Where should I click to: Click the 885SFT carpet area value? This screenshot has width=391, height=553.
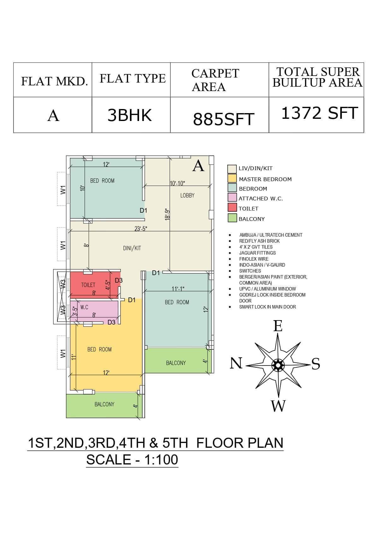(224, 119)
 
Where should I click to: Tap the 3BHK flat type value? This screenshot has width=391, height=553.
(130, 115)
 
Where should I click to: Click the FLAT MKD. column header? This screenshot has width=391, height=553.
(54, 81)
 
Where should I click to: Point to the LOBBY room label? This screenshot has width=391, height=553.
(187, 195)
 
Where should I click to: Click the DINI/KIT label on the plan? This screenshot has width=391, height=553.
(132, 248)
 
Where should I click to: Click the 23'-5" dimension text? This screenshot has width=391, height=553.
(141, 229)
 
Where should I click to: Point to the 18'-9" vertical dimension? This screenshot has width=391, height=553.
(167, 214)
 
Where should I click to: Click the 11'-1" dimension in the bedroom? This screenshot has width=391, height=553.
(178, 289)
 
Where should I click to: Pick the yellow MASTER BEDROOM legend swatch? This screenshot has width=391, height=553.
(232, 178)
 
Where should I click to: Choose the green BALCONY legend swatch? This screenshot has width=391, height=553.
(232, 218)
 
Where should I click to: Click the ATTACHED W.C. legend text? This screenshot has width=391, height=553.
(261, 199)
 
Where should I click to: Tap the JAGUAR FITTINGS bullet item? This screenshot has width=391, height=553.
(257, 253)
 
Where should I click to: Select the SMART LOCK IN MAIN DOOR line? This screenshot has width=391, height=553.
(267, 307)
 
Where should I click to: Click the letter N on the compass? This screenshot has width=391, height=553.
(236, 363)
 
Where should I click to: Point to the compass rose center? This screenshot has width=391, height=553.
(278, 366)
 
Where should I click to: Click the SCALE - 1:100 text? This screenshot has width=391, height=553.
(132, 460)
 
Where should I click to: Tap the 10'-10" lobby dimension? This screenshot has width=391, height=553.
(177, 183)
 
